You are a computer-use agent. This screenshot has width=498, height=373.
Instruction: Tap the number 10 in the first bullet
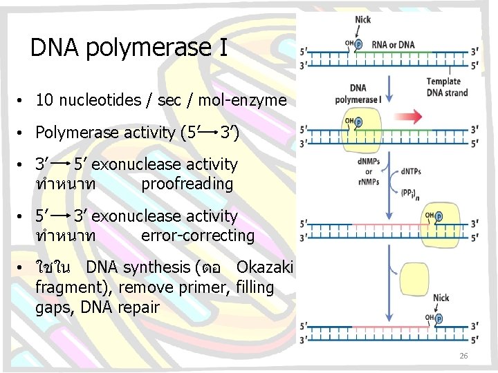pos(44,100)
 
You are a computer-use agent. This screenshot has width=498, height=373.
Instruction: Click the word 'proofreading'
pos(187,184)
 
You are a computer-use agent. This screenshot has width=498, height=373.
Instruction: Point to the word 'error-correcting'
pos(197,236)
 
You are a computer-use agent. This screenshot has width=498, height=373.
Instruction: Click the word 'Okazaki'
pos(265,267)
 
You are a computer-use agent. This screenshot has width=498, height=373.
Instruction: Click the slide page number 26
pos(463,356)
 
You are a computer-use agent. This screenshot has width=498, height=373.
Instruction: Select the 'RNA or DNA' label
pos(393,45)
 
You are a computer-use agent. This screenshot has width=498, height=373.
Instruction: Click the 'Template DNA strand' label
pos(447,88)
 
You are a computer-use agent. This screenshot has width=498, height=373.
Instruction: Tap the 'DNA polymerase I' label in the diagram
pos(358,94)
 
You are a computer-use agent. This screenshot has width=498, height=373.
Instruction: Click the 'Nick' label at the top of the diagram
pos(362,19)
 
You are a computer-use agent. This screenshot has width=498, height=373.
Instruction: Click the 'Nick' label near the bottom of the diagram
pos(441,298)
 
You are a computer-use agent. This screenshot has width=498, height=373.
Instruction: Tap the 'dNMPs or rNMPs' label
pos(369,171)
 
